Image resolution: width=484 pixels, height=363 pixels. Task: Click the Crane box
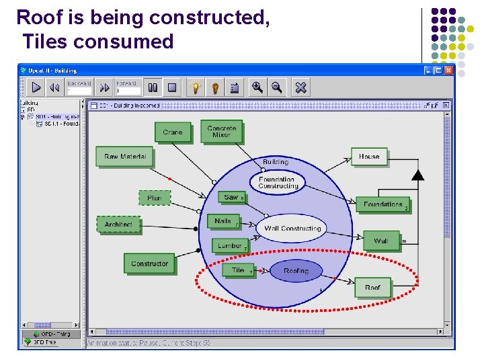coord(173,132)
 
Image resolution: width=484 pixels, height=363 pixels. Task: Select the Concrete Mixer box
coord(221,132)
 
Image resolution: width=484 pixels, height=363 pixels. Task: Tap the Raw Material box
coord(125,157)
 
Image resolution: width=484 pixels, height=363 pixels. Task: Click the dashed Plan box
coord(154,198)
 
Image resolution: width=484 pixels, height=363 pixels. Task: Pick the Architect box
coord(118,225)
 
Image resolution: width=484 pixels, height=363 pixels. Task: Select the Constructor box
coord(149,264)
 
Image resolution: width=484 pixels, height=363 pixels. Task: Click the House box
coord(369,157)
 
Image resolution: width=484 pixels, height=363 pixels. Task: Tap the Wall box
coord(381,241)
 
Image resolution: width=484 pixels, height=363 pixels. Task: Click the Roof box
coord(372,288)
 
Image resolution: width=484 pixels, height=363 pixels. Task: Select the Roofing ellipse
coord(296,271)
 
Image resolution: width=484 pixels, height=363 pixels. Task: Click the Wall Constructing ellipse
coord(292,229)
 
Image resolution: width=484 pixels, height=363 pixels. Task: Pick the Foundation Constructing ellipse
coord(277,182)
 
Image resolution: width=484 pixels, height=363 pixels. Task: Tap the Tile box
coord(238,270)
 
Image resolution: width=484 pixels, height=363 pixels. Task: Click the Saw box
coord(231,197)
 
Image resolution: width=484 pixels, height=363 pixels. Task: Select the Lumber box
coord(229,246)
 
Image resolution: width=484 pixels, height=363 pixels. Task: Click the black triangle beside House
coord(418,175)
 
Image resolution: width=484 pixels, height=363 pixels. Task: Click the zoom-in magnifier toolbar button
coord(257,87)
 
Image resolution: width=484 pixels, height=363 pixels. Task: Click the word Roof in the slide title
coord(40,17)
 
